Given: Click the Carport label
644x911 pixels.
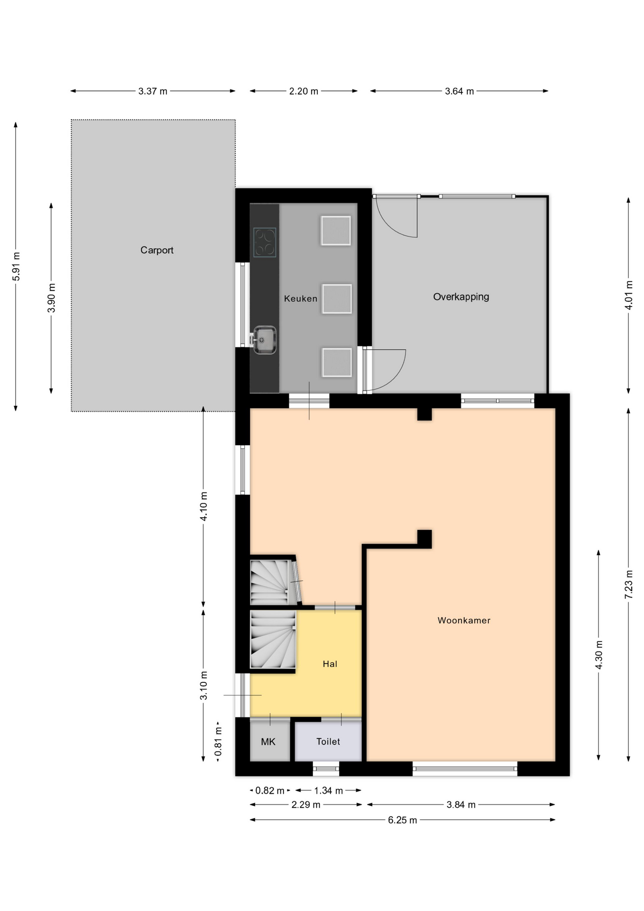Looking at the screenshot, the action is coord(156,250).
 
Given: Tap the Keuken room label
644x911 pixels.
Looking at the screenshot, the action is coord(301,298).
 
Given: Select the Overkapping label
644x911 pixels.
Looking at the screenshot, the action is coord(461,297).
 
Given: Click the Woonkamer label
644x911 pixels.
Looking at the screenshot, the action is coord(464,620).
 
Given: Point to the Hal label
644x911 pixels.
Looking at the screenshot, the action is coord(330,664).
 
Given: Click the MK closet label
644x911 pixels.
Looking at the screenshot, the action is coord(268,742).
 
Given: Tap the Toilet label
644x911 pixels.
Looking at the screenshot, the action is coord(328,741).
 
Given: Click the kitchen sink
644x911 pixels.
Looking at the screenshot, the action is coord(264,340).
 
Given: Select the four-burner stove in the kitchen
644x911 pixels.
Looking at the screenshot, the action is coord(265,242).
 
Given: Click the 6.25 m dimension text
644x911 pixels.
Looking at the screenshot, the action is coord(403,820).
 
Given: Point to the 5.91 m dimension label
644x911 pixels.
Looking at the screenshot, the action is coord(16,267).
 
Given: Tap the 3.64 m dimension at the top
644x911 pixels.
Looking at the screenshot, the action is coord(459,91).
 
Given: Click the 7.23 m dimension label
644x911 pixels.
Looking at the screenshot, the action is coord(629,584).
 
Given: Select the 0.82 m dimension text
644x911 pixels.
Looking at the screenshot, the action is coord(270,790).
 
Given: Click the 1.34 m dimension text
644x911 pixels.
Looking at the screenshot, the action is coord(329,790).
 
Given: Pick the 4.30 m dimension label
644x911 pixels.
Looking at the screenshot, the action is coord(599,655).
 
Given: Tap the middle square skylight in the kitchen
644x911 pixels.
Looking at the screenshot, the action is coord(337,299).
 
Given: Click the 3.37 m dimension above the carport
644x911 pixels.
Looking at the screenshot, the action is coord(153,91).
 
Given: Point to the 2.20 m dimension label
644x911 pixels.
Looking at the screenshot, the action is coord(304,91).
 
